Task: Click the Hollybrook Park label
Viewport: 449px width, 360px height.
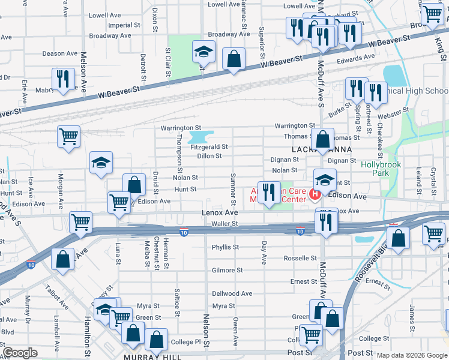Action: click(x=376, y=167)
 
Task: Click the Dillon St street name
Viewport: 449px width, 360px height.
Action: click(x=209, y=156)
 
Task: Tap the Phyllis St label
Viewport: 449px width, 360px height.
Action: click(x=225, y=247)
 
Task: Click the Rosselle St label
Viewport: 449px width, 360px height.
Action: click(x=300, y=259)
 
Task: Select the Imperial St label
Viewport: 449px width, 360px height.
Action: click(x=120, y=25)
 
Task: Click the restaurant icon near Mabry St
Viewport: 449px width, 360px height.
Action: click(x=62, y=78)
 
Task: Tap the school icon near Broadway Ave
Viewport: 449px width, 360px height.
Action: click(x=204, y=52)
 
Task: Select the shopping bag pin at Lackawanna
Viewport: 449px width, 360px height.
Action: click(x=323, y=139)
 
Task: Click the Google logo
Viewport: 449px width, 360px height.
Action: click(x=20, y=353)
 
